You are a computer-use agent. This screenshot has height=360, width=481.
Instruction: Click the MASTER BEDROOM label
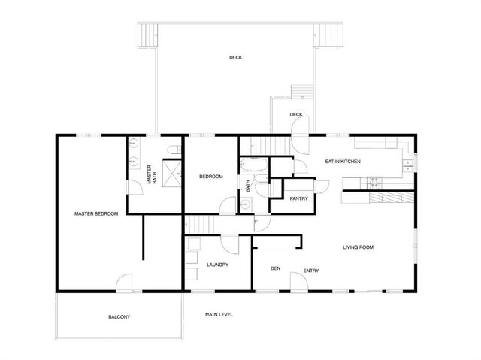click(96, 214)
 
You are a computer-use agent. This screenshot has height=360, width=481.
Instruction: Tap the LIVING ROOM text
click(358, 247)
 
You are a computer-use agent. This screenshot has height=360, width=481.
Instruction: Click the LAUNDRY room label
click(217, 265)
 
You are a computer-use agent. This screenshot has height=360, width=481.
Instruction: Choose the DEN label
click(276, 267)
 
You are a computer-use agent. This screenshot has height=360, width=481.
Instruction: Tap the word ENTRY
click(311, 271)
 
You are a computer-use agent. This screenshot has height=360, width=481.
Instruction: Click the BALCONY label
click(119, 317)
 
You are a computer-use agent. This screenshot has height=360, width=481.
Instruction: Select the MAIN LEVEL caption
click(219, 313)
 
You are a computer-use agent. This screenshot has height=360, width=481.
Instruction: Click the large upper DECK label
click(236, 58)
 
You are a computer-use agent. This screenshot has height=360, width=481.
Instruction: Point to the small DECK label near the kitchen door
click(296, 115)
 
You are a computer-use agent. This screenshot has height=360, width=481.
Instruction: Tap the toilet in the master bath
click(173, 148)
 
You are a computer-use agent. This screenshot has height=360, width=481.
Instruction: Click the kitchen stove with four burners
click(374, 181)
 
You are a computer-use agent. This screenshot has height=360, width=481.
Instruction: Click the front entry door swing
click(297, 281)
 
